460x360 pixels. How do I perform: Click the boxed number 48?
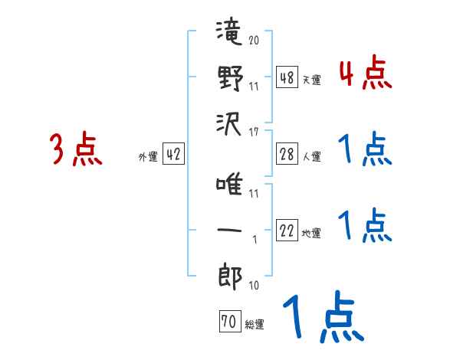(287, 77)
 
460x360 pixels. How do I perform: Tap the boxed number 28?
(287, 155)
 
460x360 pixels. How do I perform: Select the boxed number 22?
(287, 231)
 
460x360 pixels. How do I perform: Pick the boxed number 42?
(173, 155)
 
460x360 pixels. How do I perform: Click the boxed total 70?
(228, 322)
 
